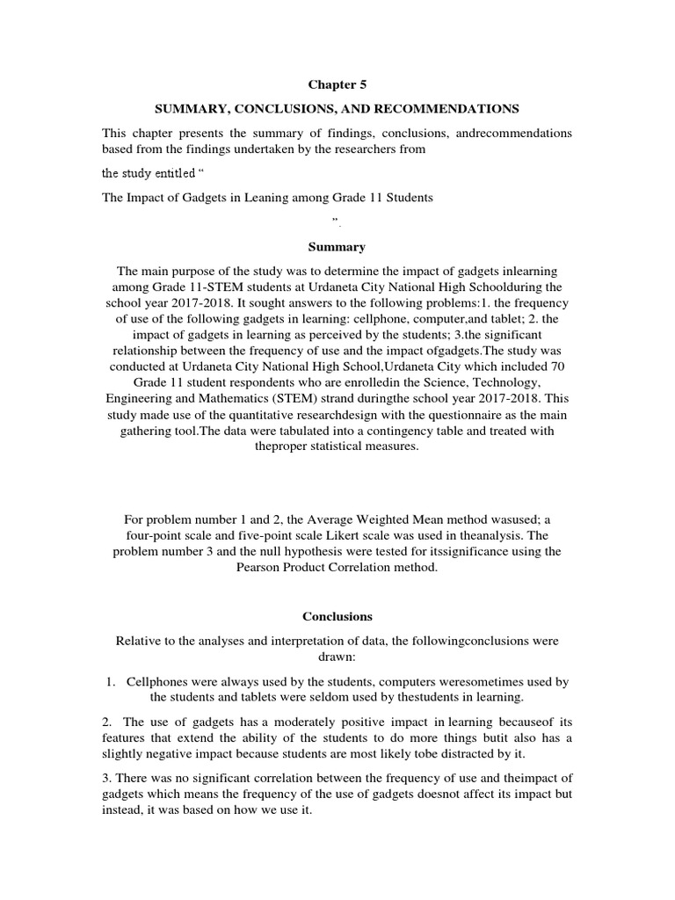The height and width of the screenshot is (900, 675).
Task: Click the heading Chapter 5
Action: (x=337, y=85)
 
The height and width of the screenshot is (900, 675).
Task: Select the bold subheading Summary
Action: (x=337, y=247)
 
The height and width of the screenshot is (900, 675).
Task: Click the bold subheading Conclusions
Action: (x=337, y=617)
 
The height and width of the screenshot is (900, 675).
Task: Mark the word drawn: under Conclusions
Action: (x=337, y=657)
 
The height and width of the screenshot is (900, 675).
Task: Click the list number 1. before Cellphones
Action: (x=111, y=682)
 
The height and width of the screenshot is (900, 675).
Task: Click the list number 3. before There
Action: (x=108, y=779)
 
